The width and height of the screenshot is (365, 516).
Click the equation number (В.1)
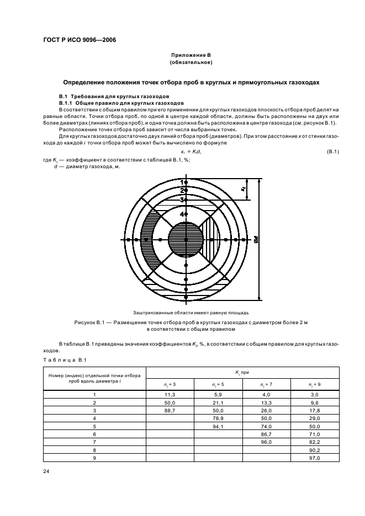point(332,152)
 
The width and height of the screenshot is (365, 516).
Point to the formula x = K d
point(191,152)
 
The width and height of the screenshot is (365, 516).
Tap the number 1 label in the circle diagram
point(182,181)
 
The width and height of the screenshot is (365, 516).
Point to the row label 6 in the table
point(94,434)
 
